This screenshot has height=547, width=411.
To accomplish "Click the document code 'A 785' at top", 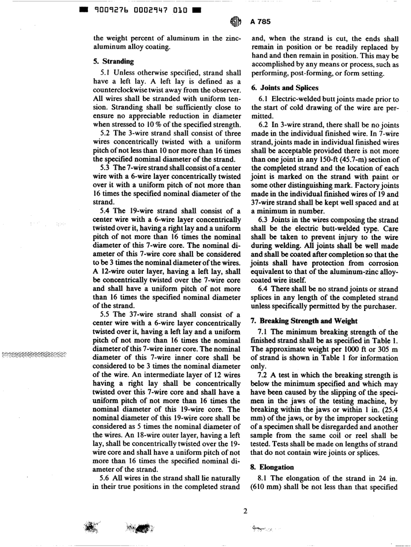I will tap(261, 22).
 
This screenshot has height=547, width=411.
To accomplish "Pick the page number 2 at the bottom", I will tap(245, 511).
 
